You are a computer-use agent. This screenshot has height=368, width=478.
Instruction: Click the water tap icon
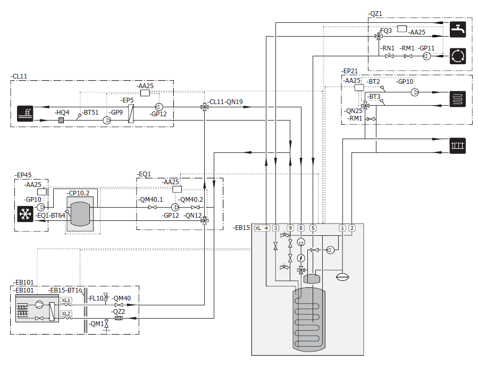click(x=458, y=29)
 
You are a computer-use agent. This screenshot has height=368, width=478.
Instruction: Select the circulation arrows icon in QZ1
click(x=458, y=55)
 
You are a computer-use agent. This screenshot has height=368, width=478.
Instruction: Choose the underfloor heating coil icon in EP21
click(x=458, y=98)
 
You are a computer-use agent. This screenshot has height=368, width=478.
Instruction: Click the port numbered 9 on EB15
click(x=290, y=228)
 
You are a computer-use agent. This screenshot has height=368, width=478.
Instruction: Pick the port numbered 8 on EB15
click(x=301, y=228)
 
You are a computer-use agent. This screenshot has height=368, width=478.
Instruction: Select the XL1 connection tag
click(x=66, y=300)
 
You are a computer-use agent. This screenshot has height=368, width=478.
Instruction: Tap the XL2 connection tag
click(x=66, y=313)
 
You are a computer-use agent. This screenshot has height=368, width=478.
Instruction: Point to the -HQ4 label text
click(x=62, y=112)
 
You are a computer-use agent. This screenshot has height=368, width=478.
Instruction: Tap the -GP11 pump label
click(x=426, y=48)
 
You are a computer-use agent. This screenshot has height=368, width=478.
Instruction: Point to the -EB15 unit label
click(x=241, y=227)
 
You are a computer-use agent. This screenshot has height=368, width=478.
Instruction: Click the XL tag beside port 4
click(x=258, y=228)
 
